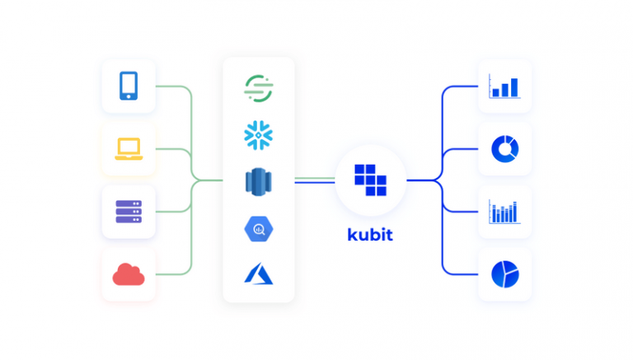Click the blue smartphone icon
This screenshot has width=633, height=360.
coord(129,86)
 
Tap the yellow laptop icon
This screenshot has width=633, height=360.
coord(129,149)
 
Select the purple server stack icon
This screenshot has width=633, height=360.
coord(129,212)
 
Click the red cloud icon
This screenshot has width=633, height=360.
coord(129,274)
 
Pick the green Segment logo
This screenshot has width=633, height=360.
coord(259,87)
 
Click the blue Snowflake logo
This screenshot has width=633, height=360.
coord(259,134)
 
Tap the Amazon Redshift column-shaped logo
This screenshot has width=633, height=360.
coord(259,181)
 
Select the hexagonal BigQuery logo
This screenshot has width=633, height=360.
coord(259,228)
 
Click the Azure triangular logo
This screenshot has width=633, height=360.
coord(258,274)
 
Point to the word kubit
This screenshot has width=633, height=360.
coord(369,235)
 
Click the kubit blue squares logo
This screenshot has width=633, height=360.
coord(370,180)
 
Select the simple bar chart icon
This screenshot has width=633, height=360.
coord(504,86)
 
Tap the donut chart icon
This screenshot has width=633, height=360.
coord(504,149)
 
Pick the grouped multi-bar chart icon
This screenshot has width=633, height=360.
coord(504,212)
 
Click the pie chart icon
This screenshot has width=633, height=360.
coord(504,274)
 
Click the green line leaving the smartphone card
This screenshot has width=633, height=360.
coord(173,86)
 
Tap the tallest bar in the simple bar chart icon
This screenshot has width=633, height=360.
coord(515,87)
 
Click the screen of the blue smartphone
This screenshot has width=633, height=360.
coord(129,84)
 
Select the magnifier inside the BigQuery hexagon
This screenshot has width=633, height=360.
coord(259,229)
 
